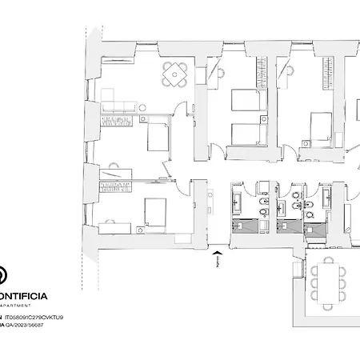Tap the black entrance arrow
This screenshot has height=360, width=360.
coord(217,258)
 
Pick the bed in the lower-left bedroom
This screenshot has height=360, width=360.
coord(152,211)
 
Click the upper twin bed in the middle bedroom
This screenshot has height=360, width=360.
coord(241,102)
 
